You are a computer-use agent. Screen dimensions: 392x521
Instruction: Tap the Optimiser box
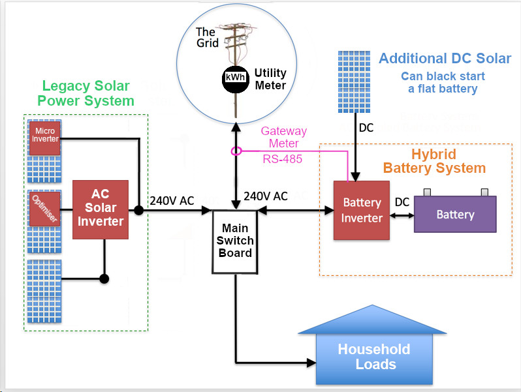[44, 208]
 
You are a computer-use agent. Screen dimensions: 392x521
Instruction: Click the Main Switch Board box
[235, 241]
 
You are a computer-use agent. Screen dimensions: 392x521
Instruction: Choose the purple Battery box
[455, 214]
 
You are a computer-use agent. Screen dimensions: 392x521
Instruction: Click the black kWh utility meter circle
[235, 78]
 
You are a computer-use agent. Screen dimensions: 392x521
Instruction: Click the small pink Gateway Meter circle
[236, 151]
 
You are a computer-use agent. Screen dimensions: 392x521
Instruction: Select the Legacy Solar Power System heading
[86, 93]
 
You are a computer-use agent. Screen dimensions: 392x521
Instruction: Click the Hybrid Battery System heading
[434, 161]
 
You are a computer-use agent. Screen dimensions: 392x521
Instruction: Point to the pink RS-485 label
[283, 158]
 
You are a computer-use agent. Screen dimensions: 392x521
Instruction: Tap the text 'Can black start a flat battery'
[443, 82]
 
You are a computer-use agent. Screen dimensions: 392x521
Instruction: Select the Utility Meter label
[270, 79]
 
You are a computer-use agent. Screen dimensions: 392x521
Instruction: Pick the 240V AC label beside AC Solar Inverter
[172, 201]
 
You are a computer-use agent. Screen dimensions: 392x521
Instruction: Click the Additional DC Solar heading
[445, 59]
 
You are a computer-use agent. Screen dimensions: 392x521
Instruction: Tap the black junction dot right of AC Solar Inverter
[139, 211]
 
